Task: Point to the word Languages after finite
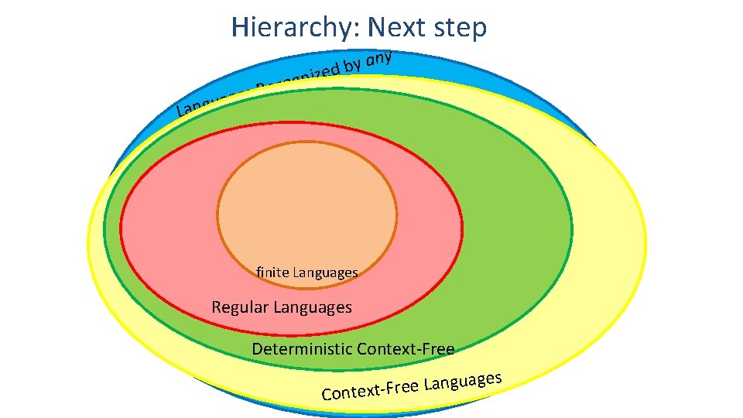(x=325, y=272)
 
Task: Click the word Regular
(x=240, y=307)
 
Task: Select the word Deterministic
(x=302, y=349)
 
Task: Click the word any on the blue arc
(x=380, y=58)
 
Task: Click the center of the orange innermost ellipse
(x=306, y=212)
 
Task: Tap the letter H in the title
(x=239, y=28)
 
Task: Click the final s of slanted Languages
(x=499, y=377)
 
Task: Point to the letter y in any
(x=391, y=57)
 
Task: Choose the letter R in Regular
(x=217, y=307)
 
